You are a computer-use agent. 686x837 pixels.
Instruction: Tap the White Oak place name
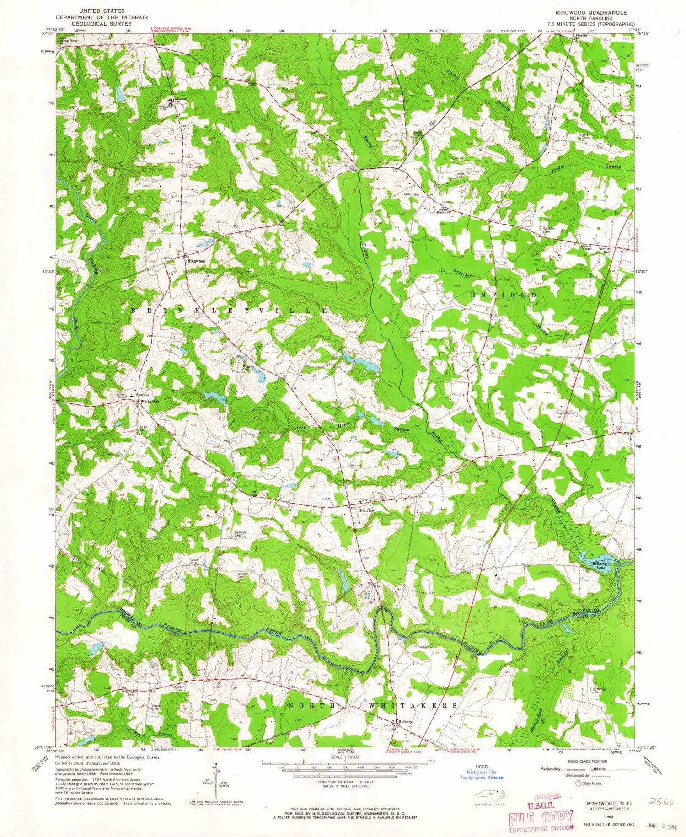[150, 401]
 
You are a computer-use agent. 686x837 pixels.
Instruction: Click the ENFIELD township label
[503, 296]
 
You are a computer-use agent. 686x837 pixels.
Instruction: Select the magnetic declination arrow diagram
[216, 778]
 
